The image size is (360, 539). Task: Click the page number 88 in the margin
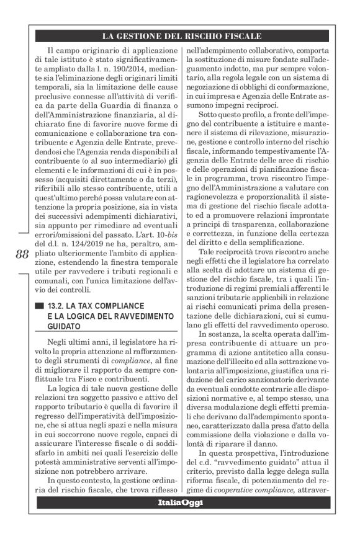click(x=20, y=255)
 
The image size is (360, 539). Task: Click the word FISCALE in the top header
click(x=240, y=37)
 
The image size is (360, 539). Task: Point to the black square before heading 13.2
click(x=40, y=306)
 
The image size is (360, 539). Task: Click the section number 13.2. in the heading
click(x=60, y=306)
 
